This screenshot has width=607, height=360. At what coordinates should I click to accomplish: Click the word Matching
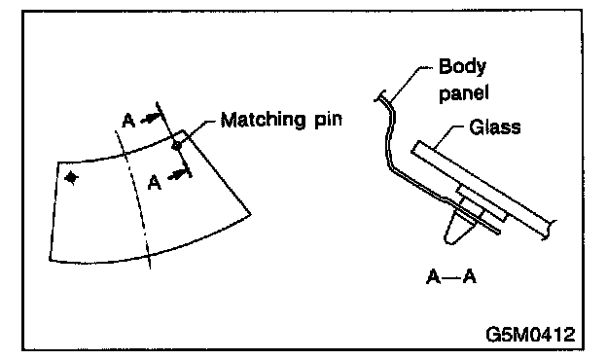[261, 120]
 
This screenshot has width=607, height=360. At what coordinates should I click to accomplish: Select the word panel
[464, 93]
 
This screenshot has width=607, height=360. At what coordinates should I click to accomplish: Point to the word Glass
[495, 127]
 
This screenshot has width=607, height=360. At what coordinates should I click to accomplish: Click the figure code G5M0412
[531, 334]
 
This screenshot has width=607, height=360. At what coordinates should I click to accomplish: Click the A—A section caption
[451, 276]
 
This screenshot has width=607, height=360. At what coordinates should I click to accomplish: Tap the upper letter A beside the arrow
[128, 121]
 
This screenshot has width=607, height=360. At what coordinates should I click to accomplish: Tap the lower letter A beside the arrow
[155, 182]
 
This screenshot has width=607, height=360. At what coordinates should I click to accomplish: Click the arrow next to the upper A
[150, 119]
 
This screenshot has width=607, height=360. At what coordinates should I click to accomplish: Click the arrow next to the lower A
[178, 175]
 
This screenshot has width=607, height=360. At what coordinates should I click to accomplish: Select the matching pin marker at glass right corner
[176, 146]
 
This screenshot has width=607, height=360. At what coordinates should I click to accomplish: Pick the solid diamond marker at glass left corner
[71, 178]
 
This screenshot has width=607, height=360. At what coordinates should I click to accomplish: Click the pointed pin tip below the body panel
[449, 240]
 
